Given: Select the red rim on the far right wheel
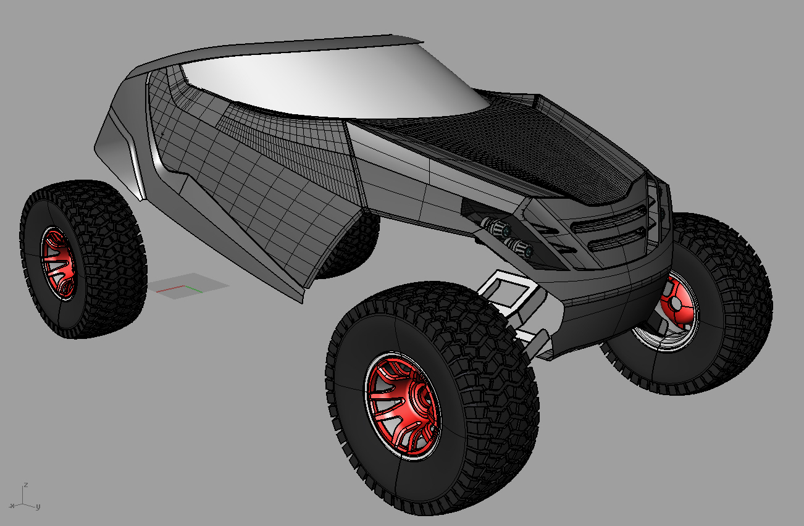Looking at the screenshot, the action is [679, 305].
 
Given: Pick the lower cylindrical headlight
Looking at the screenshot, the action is [519, 248].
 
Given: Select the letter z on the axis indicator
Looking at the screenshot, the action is [25, 485].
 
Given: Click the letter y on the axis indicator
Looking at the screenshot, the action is [38, 507].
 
